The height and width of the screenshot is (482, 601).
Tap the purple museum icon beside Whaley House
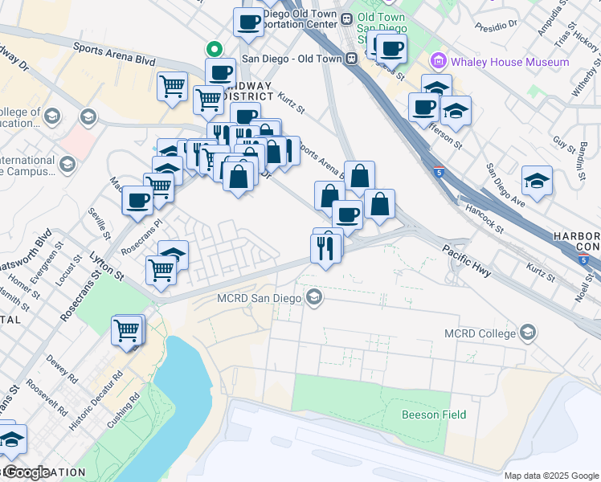click(439, 61)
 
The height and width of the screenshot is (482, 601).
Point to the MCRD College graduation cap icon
click(528, 333)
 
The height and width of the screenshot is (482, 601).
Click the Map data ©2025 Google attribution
click(552, 476)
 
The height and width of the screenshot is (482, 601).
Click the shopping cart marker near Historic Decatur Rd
click(128, 329)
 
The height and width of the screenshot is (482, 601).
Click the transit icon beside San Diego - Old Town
click(351, 58)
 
